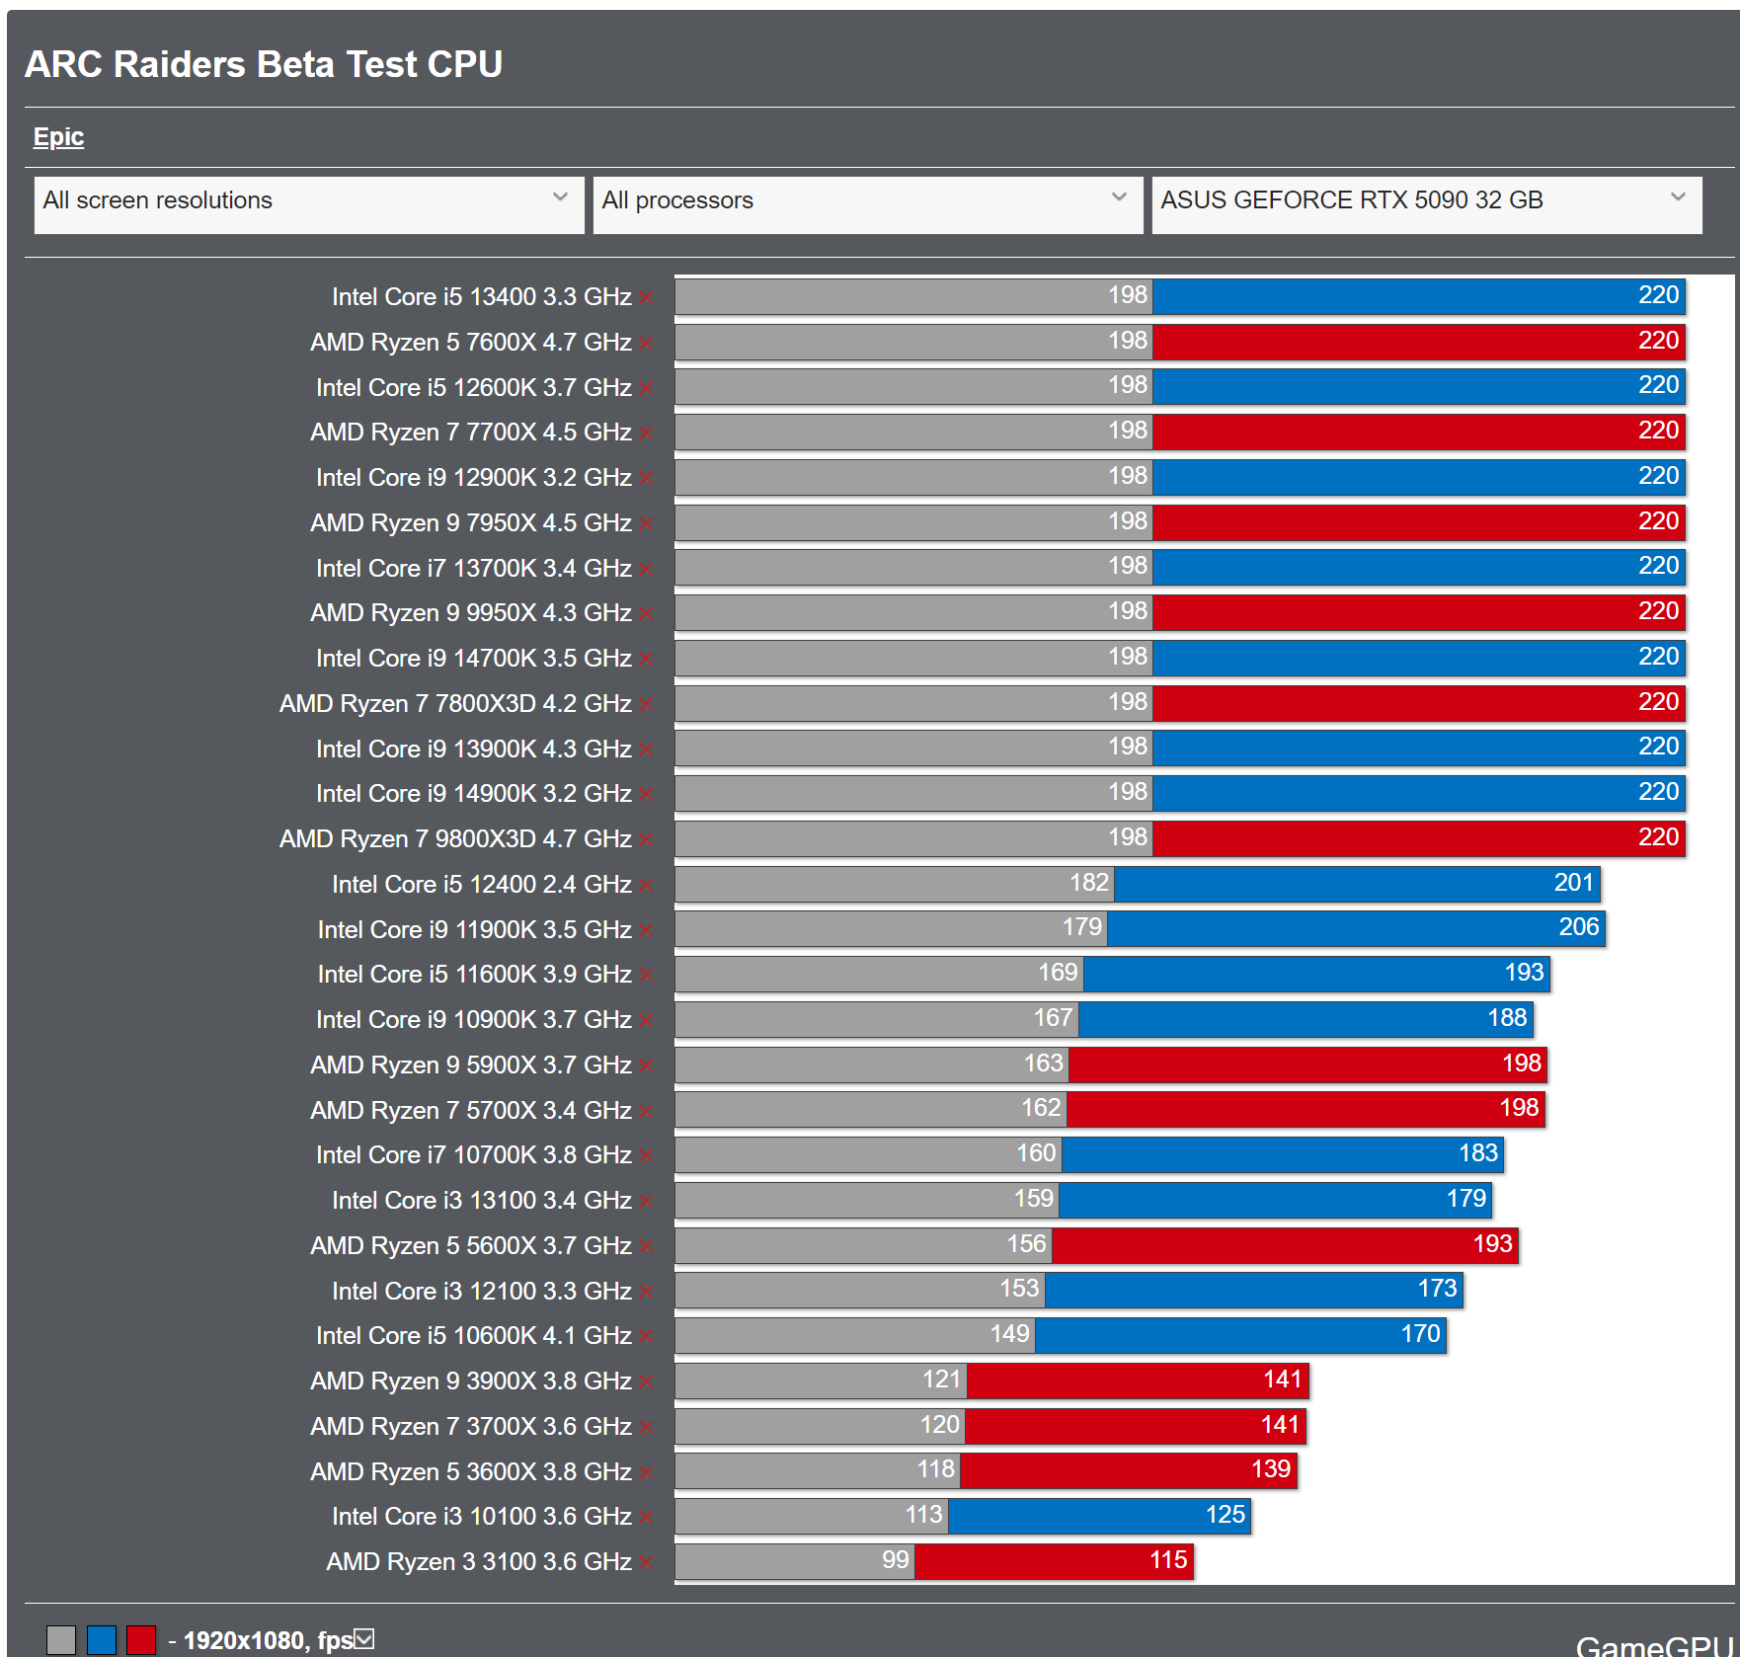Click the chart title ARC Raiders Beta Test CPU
click(264, 64)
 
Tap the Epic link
click(58, 136)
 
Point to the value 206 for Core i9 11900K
click(1578, 927)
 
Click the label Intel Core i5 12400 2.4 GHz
click(481, 884)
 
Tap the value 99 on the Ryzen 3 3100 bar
click(895, 1560)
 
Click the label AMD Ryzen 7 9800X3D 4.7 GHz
click(455, 838)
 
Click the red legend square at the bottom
click(141, 1639)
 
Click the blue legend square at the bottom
click(102, 1639)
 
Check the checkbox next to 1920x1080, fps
click(364, 1639)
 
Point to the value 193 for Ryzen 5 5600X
click(1492, 1244)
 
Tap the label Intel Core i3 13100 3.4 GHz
click(481, 1200)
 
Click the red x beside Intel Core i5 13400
click(646, 297)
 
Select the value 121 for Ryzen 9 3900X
click(941, 1380)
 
